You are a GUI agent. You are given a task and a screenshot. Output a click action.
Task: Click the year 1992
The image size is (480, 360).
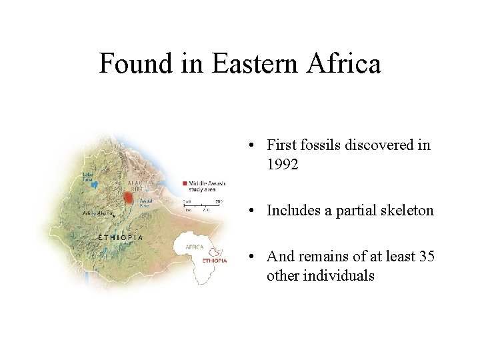(x=283, y=165)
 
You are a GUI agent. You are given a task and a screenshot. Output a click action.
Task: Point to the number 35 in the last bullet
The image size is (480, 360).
(x=427, y=255)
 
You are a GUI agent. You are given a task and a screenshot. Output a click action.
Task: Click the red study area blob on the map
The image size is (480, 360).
(x=128, y=198)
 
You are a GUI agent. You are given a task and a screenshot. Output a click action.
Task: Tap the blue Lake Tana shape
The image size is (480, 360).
(x=95, y=185)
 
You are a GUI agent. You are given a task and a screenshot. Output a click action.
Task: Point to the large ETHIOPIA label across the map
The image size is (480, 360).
(x=120, y=237)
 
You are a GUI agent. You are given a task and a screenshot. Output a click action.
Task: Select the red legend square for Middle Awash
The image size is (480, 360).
(x=185, y=183)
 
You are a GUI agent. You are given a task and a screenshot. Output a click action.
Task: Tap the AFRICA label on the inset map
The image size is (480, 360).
(x=194, y=247)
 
